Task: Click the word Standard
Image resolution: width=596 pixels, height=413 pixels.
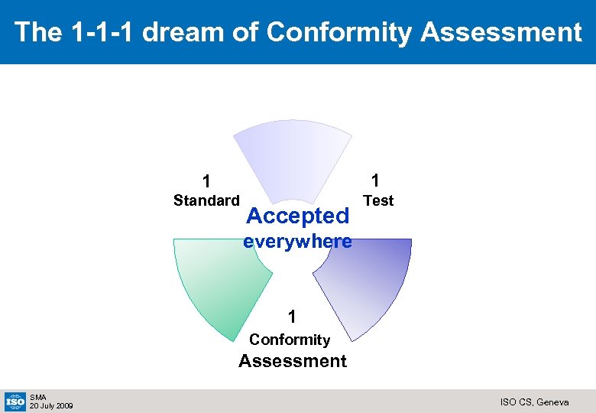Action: click(206, 201)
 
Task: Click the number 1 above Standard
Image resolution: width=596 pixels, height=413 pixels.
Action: click(206, 182)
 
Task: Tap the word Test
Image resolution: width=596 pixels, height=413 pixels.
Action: click(378, 201)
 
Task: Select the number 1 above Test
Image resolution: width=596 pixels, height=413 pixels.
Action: click(375, 180)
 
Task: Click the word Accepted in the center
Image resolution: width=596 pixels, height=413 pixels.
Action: click(298, 216)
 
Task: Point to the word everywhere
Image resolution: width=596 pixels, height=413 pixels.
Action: click(297, 242)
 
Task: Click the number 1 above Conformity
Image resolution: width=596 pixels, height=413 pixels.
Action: click(291, 317)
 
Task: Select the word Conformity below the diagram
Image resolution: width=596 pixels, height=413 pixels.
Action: click(290, 340)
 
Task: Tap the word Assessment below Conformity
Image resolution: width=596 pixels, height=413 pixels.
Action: click(292, 361)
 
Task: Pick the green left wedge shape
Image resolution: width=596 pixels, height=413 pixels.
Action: click(218, 283)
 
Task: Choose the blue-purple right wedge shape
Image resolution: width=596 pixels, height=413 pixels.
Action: click(367, 283)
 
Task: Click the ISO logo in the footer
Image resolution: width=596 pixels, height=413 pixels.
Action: click(15, 401)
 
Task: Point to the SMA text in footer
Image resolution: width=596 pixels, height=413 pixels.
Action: click(38, 397)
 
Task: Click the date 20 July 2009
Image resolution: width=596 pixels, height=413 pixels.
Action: click(51, 405)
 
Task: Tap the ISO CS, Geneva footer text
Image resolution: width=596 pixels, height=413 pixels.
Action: click(534, 402)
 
